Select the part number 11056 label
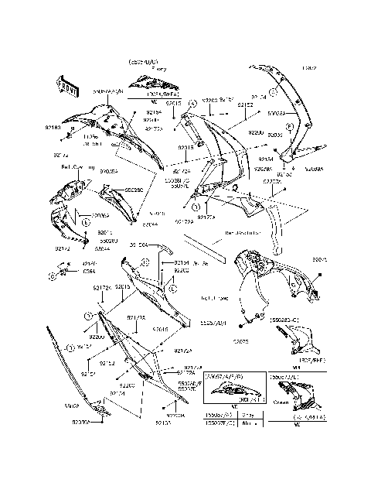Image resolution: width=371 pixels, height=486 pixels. click(91, 137)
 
